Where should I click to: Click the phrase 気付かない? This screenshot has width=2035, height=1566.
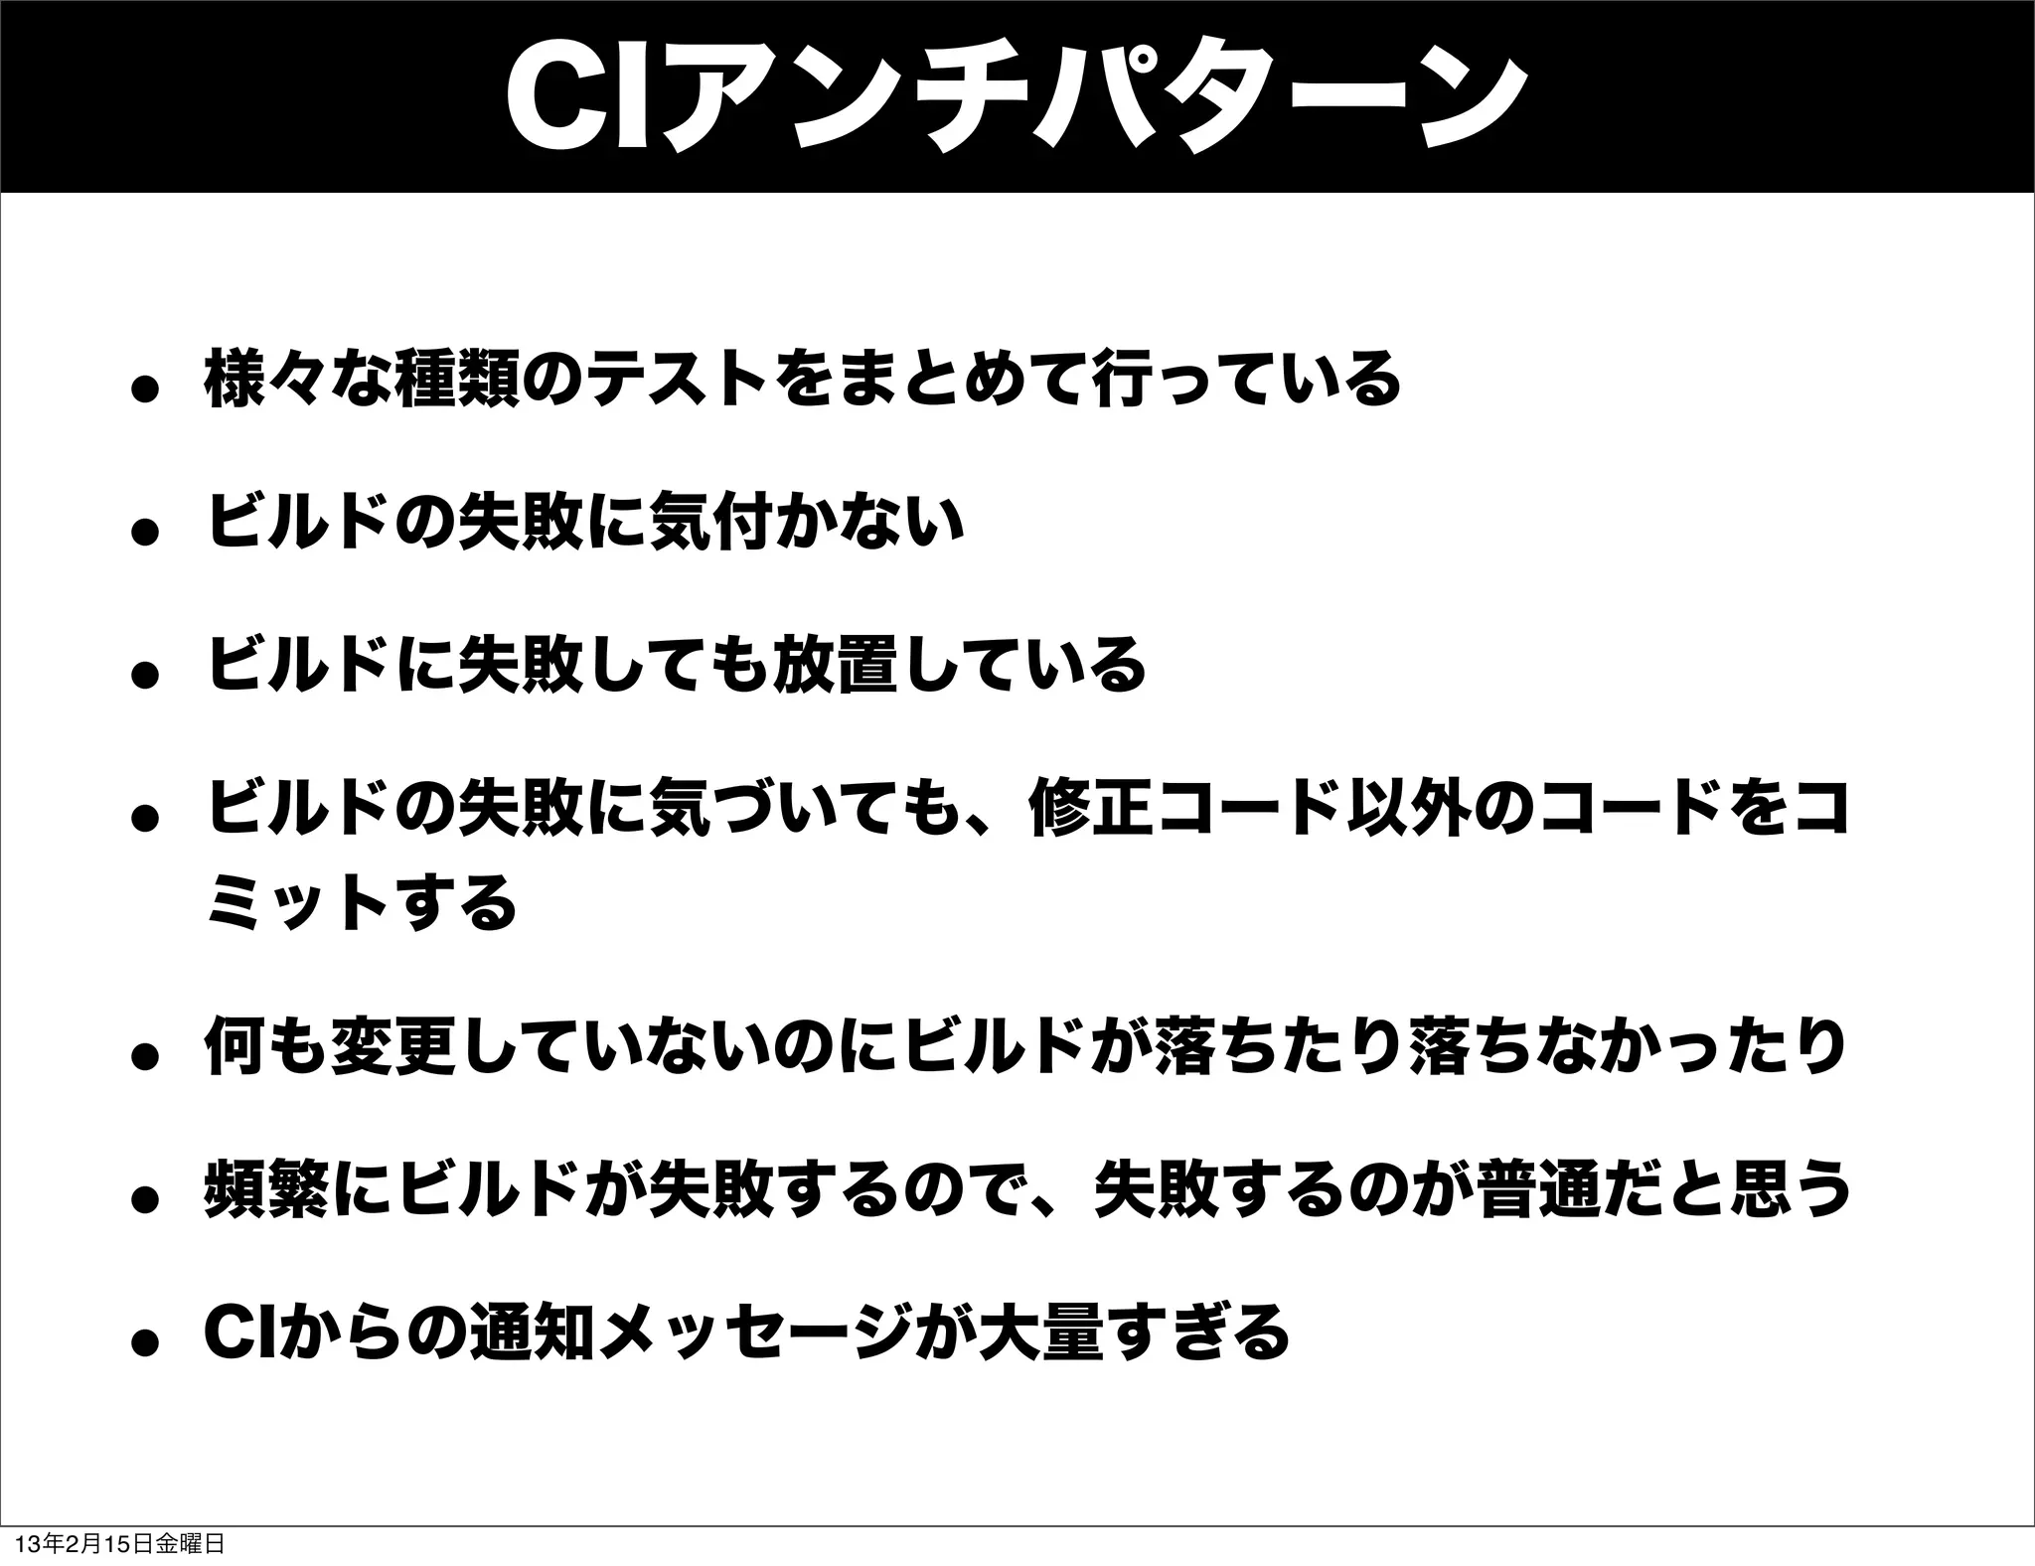click(x=805, y=523)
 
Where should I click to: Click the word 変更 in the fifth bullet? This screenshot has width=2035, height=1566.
click(x=397, y=1045)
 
